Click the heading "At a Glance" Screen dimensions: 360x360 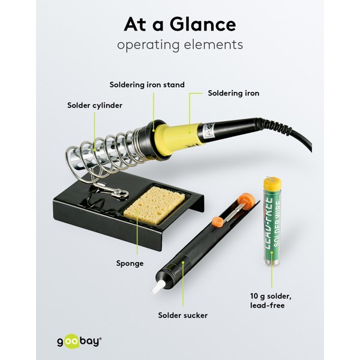(x=180, y=25)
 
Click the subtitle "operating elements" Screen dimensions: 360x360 (x=180, y=44)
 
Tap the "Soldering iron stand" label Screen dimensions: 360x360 (x=147, y=85)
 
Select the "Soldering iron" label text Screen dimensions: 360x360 (x=233, y=93)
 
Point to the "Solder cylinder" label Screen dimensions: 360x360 (x=95, y=106)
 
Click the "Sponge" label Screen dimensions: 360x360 (x=130, y=263)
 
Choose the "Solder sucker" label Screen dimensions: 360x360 (x=183, y=315)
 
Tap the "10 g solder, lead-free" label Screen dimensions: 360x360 (x=271, y=301)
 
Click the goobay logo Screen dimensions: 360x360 (x=79, y=341)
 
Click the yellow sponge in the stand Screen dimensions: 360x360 (x=154, y=205)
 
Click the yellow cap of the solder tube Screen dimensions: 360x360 (x=272, y=184)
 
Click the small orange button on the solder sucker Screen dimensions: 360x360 (x=217, y=223)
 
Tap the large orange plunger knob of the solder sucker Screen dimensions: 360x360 (x=247, y=202)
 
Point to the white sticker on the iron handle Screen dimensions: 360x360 (x=209, y=131)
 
